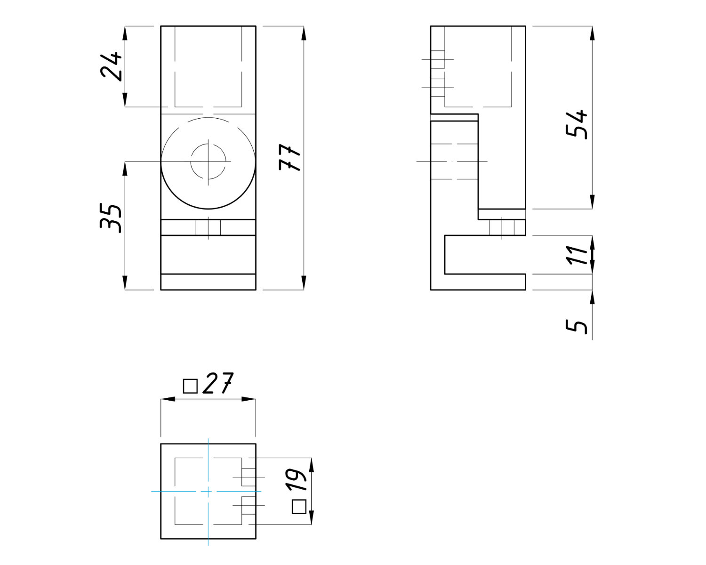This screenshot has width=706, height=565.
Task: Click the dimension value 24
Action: (x=111, y=66)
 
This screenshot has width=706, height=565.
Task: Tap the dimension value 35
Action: (x=111, y=218)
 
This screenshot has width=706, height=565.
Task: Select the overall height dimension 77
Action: (x=289, y=157)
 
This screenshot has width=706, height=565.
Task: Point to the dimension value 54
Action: (x=577, y=125)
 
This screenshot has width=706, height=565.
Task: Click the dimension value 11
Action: (x=577, y=255)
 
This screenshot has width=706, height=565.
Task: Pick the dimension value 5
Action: (x=577, y=327)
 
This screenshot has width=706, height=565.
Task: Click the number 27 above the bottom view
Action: (x=218, y=383)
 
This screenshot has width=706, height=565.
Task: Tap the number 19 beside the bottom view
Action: (x=296, y=480)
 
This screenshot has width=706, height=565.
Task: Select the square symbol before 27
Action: (x=190, y=386)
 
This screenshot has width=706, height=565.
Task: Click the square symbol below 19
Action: (x=299, y=507)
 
